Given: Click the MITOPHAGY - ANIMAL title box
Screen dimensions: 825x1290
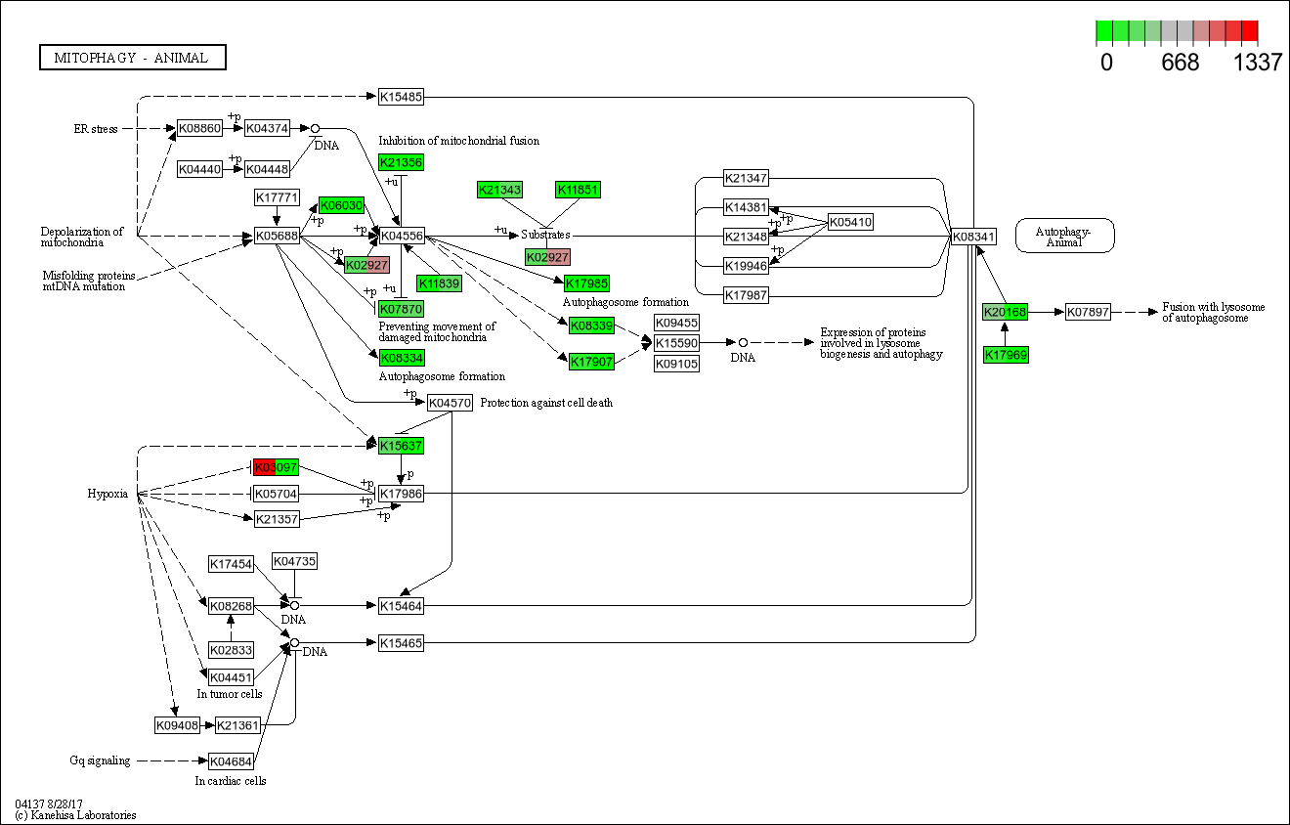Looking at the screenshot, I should click(x=132, y=58).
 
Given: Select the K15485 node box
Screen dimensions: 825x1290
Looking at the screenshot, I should click(x=401, y=96).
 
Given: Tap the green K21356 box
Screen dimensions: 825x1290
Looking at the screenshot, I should click(x=401, y=162).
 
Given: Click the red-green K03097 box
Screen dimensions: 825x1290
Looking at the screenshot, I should click(x=276, y=467).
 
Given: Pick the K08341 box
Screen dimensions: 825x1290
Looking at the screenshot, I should click(x=973, y=236).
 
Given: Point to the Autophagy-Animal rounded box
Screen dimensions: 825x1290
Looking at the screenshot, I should click(x=1065, y=236).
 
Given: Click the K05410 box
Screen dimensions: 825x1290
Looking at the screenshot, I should click(x=849, y=222).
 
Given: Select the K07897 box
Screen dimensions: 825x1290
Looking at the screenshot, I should click(x=1088, y=312).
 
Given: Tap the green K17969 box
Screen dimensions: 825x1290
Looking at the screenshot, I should click(x=1006, y=355).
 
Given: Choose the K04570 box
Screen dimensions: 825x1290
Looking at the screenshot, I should click(x=450, y=402).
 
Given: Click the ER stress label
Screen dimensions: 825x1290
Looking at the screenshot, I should click(x=96, y=128).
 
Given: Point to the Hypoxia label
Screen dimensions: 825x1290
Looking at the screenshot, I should click(x=107, y=494).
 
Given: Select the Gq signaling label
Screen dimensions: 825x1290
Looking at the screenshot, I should click(x=100, y=760).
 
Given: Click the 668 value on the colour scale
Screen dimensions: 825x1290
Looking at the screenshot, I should click(x=1180, y=63).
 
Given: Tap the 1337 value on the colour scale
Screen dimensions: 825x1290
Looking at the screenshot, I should click(x=1257, y=63).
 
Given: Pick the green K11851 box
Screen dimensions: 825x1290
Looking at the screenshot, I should click(x=577, y=190).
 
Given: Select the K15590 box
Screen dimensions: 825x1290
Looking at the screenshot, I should click(x=676, y=343).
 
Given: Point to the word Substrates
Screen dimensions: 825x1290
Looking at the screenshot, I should click(x=545, y=235).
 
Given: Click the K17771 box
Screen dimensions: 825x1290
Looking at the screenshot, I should click(x=277, y=198).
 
